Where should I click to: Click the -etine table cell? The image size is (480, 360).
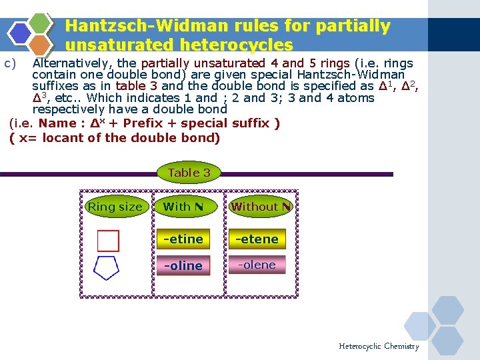coord(183,239)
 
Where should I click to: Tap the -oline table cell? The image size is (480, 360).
coord(183,265)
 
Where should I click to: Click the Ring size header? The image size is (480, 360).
coord(115,207)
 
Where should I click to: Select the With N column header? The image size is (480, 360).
coord(183,207)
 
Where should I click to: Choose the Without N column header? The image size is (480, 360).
coord(261,207)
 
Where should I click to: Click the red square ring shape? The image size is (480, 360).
coord(108,241)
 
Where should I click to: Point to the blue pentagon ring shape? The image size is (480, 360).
coord(107,267)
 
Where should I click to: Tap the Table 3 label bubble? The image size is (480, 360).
coord(189,173)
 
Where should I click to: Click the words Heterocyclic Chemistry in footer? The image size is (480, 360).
coord(379,346)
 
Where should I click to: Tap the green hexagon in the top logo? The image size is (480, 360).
coord(41,23)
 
